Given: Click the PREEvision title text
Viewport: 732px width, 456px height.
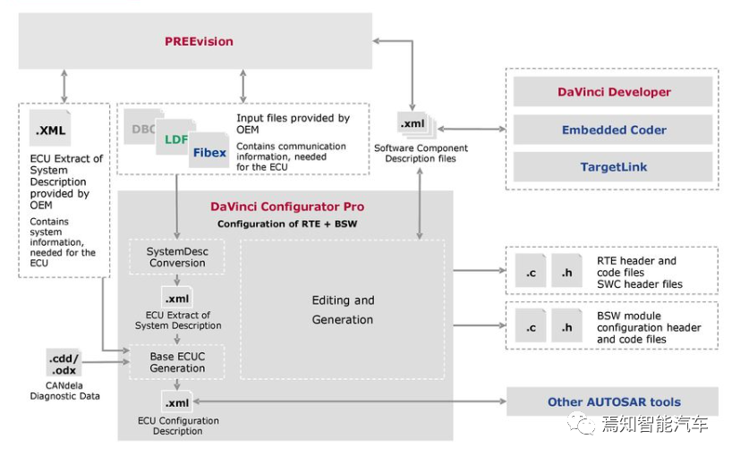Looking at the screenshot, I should tap(199, 41).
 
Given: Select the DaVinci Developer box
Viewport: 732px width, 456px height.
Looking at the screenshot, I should tap(613, 92).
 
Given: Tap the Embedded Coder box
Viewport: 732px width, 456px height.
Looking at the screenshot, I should tap(613, 130).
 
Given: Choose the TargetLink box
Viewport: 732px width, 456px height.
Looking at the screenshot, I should tap(613, 167).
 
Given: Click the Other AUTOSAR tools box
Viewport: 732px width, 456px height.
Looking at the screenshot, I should tap(613, 402).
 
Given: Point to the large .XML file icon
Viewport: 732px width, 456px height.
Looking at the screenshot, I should tap(50, 130).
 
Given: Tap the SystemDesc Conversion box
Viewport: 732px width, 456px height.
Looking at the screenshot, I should tap(177, 257).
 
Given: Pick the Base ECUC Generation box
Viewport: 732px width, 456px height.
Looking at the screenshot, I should tap(177, 362).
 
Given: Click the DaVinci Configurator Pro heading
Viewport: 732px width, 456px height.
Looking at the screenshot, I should tap(286, 207).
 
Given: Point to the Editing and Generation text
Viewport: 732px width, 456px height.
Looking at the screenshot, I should tap(343, 309).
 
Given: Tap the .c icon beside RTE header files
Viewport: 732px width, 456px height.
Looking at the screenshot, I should tap(531, 271).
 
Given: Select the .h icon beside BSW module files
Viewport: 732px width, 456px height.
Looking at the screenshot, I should tap(566, 327).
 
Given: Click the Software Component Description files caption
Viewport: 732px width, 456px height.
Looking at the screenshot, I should tap(420, 153).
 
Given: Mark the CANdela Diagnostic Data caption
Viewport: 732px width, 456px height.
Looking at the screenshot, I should tap(64, 391).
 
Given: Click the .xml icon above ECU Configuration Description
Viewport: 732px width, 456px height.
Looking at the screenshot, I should tap(176, 401).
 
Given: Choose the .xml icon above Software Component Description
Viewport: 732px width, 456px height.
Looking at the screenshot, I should tap(413, 124).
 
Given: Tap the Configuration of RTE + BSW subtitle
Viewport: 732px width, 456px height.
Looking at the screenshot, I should tap(286, 224).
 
